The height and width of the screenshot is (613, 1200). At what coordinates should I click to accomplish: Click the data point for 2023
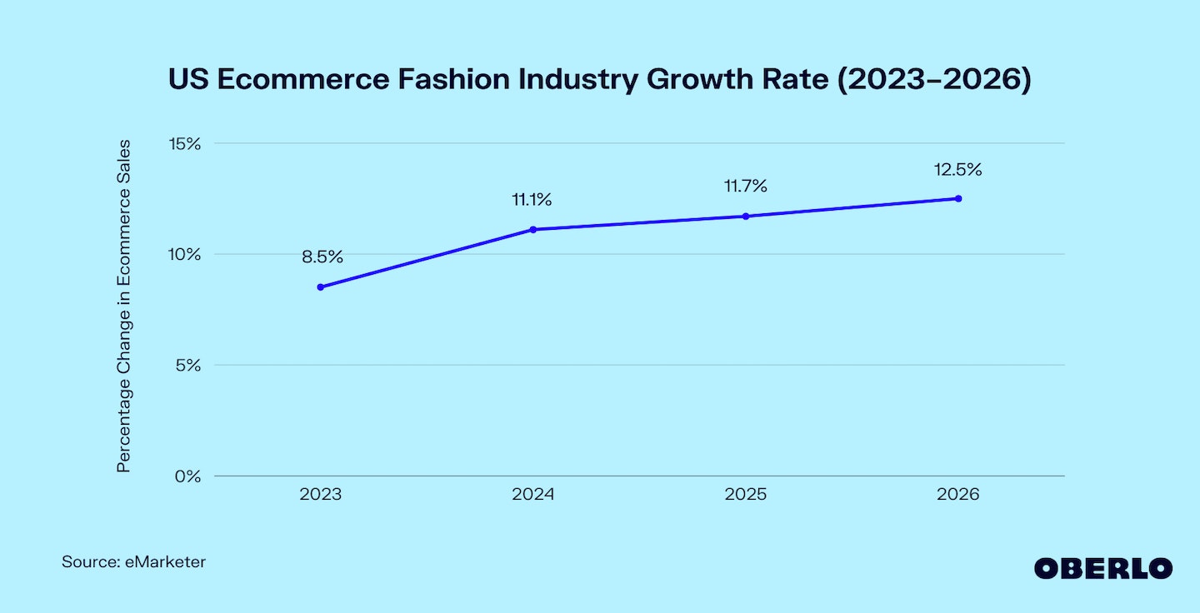320,287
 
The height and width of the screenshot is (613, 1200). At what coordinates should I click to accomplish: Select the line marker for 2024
532,229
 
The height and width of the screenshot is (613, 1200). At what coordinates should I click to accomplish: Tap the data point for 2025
746,216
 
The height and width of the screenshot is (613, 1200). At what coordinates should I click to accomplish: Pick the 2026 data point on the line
958,198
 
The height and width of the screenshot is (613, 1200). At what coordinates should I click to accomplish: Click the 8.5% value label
322,257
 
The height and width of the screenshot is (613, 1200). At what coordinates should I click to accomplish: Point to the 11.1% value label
532,200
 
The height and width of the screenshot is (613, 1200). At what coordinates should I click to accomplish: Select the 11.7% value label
745,187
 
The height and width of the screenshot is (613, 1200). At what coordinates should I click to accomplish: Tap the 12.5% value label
958,170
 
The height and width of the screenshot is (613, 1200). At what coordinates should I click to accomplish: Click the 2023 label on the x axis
320,495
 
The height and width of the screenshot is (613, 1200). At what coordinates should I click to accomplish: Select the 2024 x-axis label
532,495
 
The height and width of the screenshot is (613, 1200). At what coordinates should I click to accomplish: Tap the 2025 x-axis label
746,495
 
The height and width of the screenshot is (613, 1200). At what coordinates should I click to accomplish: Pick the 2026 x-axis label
958,495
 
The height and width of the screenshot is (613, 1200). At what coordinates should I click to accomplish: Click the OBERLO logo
1103,568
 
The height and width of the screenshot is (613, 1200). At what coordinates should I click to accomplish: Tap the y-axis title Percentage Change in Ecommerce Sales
124,306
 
